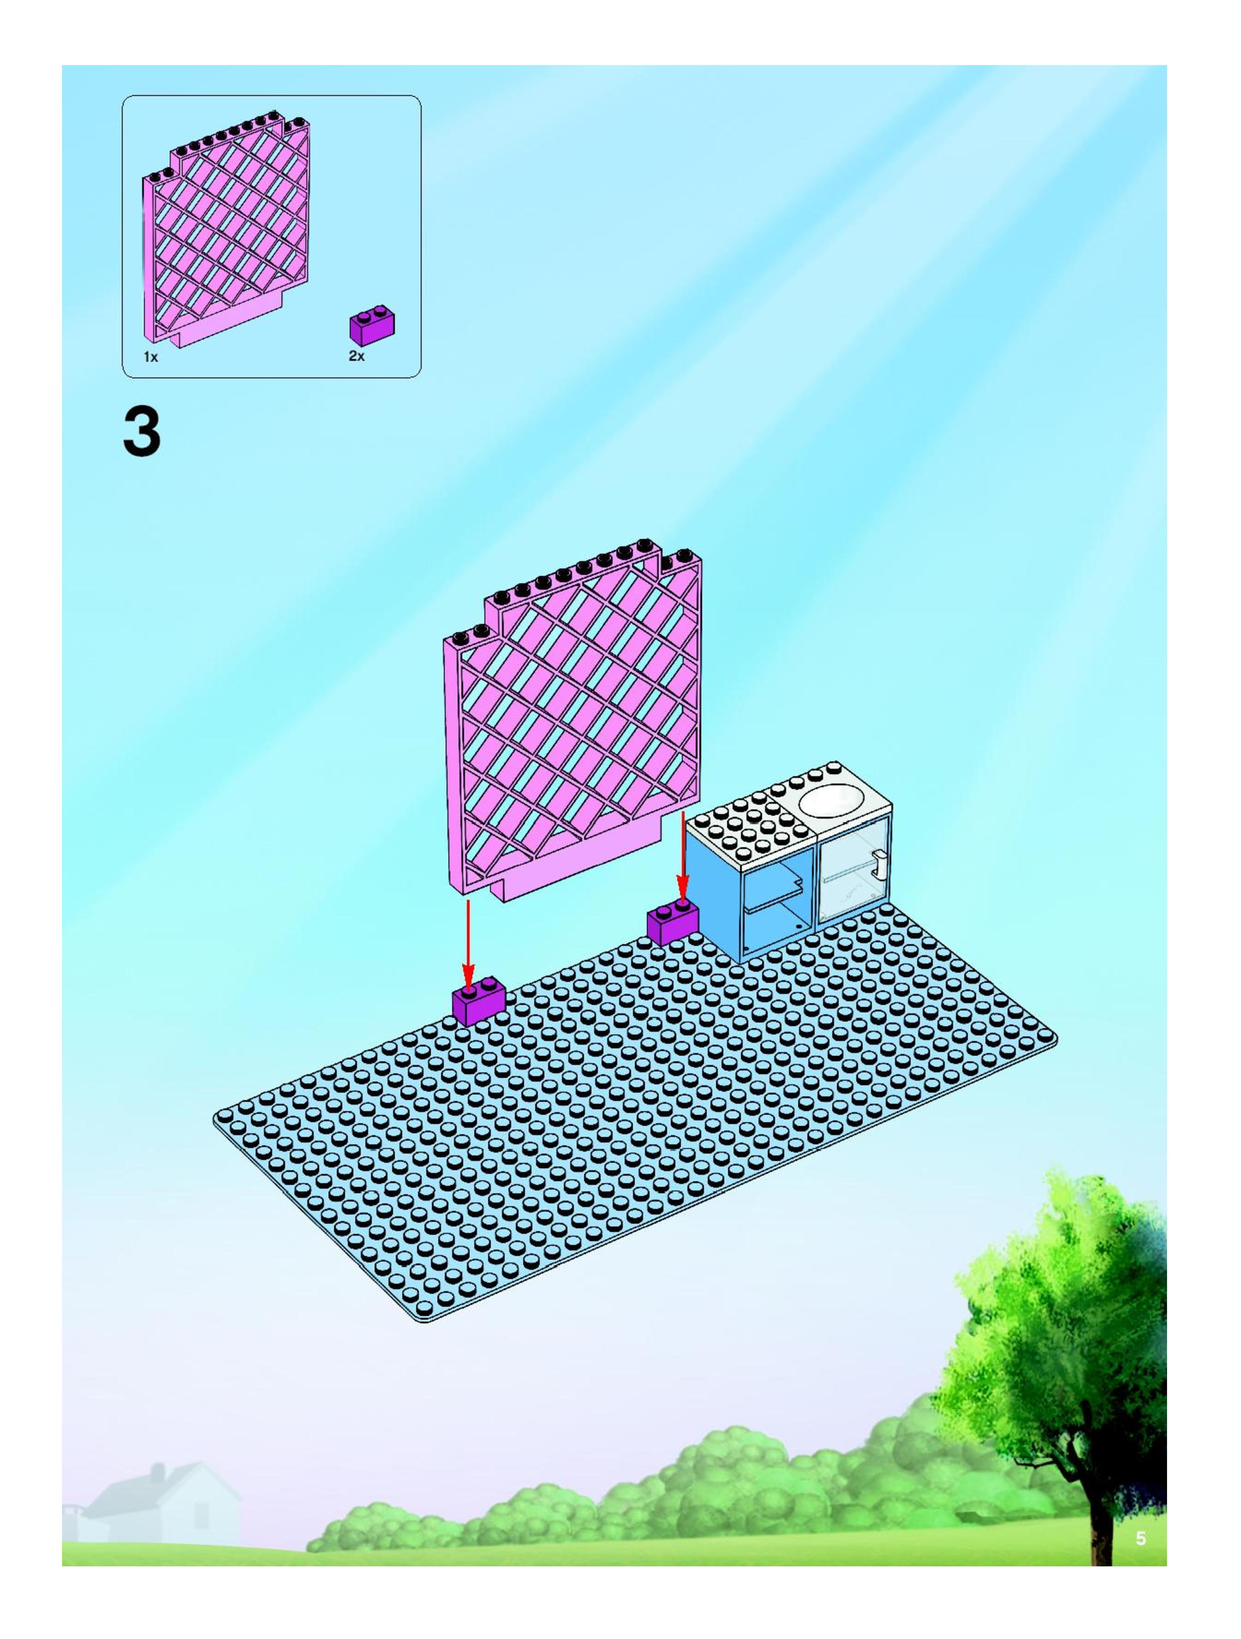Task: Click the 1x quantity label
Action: coord(151,357)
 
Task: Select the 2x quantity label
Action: coord(357,357)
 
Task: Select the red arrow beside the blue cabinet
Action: coord(682,861)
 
